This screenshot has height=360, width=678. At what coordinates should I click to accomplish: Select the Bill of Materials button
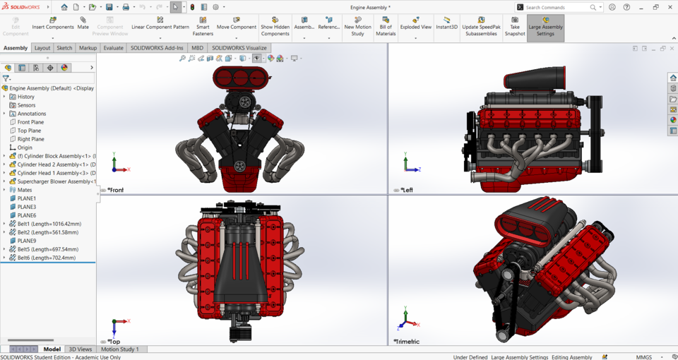coord(386,27)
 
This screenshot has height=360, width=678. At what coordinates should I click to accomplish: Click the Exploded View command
coord(415,23)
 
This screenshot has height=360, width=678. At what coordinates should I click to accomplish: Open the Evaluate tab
coord(113,48)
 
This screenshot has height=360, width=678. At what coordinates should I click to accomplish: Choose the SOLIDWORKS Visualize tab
coord(239,48)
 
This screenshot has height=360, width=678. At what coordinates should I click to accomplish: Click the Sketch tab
coord(64,48)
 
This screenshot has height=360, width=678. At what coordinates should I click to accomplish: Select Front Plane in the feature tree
coord(30,122)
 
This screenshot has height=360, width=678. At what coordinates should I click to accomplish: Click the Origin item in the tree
coord(25,148)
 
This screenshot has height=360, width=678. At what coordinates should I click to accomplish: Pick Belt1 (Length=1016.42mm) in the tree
coord(49,224)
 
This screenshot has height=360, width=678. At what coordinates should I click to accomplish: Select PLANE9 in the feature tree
coord(27,241)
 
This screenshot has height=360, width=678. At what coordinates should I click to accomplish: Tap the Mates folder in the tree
coord(25,190)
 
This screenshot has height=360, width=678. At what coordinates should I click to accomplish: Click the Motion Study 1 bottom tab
coord(119,349)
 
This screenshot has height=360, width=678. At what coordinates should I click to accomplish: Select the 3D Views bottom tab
coord(80,349)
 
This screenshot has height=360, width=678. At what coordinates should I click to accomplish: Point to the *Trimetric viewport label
coord(407,342)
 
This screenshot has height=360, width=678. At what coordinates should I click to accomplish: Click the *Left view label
coord(407,190)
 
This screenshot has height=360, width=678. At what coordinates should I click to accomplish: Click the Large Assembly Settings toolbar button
coord(545,27)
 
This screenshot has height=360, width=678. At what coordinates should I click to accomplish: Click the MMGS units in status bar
coord(643,357)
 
